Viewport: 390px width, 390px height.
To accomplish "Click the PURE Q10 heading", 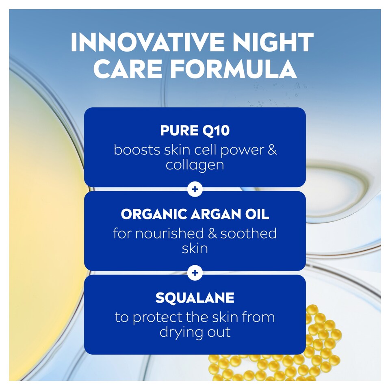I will (x=195, y=131).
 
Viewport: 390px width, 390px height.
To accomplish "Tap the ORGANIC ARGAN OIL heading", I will (x=195, y=214).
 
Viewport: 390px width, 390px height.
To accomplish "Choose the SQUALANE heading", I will (x=195, y=298).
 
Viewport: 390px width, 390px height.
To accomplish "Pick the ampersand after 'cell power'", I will (x=272, y=149).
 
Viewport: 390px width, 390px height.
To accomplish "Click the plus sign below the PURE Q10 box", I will (x=195, y=189).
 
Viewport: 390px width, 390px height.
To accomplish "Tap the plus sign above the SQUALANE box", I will (x=195, y=273).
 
